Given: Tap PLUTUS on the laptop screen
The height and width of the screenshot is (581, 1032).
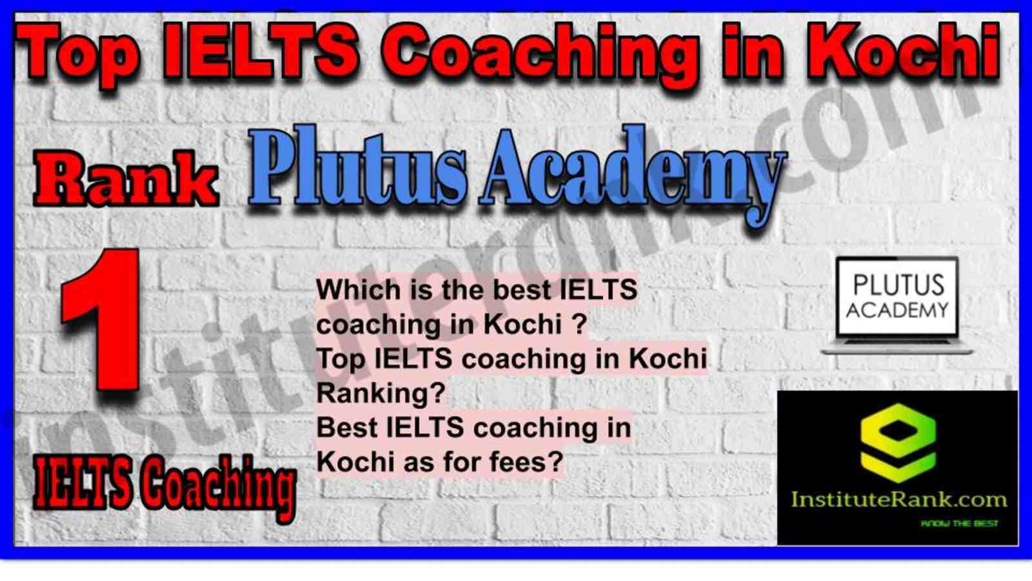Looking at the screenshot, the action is [898, 285].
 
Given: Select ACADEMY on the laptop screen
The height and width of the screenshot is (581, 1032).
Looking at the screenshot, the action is [897, 310].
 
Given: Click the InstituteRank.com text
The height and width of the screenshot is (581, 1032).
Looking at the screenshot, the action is [898, 500].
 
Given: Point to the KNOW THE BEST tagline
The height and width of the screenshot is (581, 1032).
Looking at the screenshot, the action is [959, 524].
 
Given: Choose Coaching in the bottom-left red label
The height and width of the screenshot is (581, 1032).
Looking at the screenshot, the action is [217, 488].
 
